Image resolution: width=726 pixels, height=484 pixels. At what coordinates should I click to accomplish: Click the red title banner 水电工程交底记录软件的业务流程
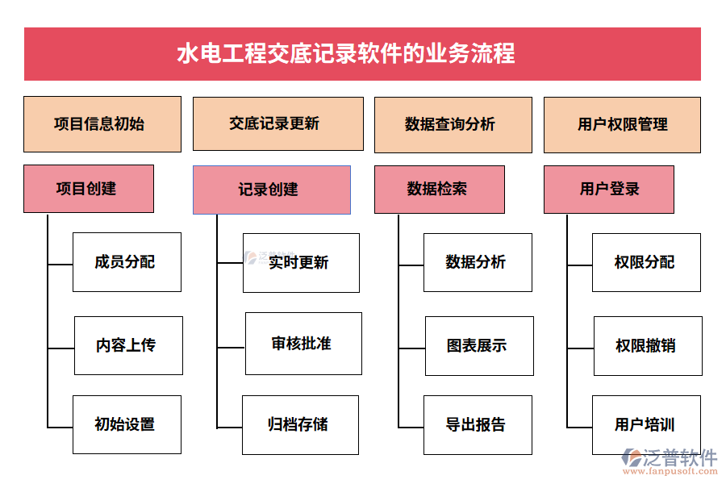coord(362,54)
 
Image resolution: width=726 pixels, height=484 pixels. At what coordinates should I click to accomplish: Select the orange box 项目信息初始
coord(102,124)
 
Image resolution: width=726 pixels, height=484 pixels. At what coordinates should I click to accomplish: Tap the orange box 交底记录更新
coord(274,123)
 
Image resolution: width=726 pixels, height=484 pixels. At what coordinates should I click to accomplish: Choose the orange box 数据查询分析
coord(453,125)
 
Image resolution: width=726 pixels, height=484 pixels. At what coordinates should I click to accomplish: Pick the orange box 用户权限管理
coord(622,125)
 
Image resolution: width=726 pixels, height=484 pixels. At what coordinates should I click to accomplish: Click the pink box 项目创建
coord(89,189)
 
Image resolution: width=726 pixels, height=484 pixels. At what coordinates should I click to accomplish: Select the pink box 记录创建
coord(271,190)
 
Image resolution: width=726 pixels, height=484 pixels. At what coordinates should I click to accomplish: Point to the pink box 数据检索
coord(439,190)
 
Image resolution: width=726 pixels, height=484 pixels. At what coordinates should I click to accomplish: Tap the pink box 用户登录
coord(608,190)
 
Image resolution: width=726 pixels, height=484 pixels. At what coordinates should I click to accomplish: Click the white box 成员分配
coord(127,262)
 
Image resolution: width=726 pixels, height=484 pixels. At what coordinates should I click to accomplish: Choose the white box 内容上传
coord(128,345)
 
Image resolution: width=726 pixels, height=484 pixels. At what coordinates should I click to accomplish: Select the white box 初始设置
coord(127,424)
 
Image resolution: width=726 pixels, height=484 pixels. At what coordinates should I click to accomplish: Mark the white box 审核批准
coord(303,344)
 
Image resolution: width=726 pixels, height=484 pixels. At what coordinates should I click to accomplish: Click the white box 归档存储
coord(300,424)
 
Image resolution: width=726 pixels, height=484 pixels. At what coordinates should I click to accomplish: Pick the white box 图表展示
coord(479,346)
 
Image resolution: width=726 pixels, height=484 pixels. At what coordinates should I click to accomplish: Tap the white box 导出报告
coord(478,424)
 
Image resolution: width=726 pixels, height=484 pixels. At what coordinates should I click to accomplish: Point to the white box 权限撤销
coord(648,346)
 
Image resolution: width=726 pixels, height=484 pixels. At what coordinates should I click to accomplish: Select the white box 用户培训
coord(646,424)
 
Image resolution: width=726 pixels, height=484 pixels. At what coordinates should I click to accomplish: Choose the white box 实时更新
coord(301,263)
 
